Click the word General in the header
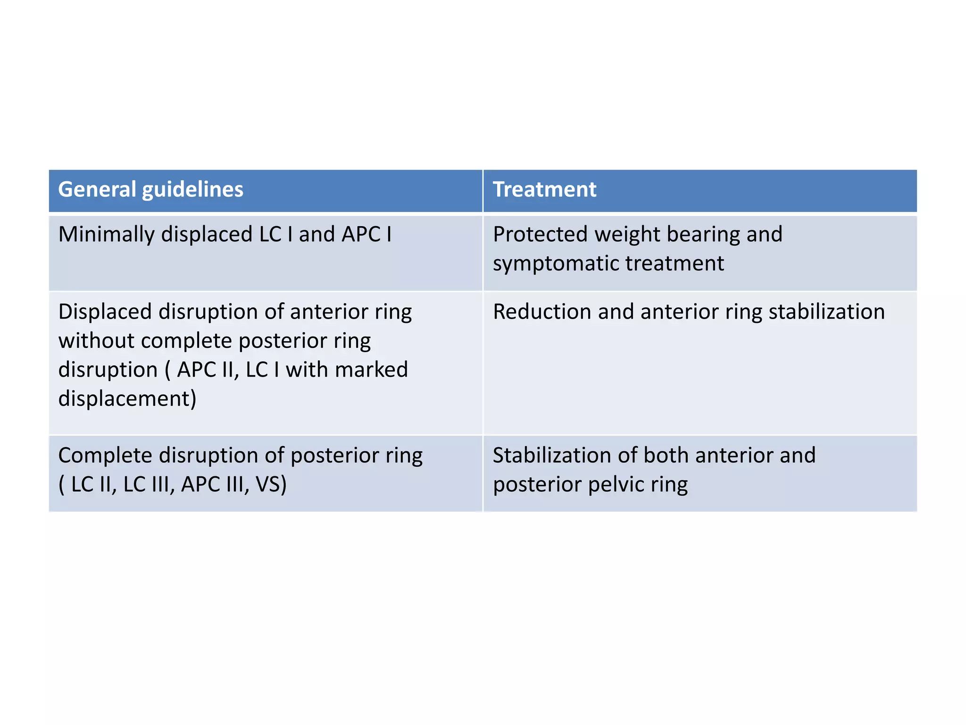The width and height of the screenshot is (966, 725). [x=97, y=189]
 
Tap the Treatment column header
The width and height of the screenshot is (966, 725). [x=544, y=189]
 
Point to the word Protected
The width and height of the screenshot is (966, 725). [x=541, y=235]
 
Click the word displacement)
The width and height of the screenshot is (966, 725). [x=127, y=399]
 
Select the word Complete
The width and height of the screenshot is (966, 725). [x=106, y=456]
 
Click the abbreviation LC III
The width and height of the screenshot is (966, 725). [x=146, y=484]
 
